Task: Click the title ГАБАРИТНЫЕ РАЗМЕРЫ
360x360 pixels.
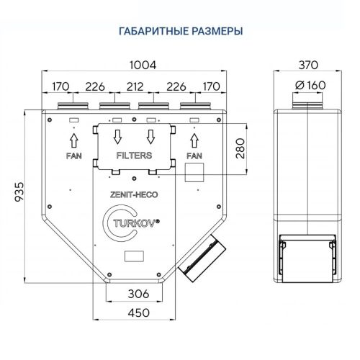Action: pos(180,31)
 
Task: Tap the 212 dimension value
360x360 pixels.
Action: pos(134,87)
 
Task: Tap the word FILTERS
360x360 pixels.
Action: pos(134,156)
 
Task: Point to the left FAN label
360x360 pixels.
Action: pos(73,156)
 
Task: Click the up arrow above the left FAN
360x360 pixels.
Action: pos(73,137)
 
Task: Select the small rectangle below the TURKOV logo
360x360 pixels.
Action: pos(134,254)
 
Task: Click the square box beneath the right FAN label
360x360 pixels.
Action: pos(194,172)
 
